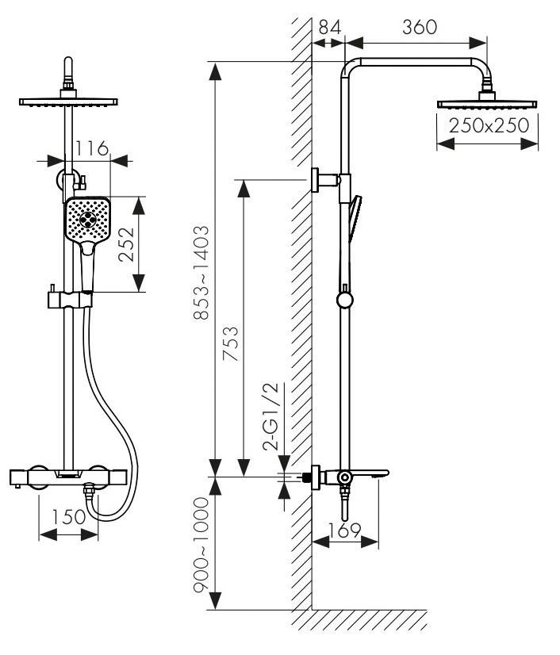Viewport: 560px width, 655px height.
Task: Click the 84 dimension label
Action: [x=329, y=26]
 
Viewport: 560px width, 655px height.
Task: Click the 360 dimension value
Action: [x=420, y=26]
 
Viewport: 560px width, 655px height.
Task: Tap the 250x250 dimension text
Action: [x=489, y=125]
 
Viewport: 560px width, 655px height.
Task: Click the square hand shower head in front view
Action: [x=87, y=220]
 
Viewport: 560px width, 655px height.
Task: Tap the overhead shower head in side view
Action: [x=488, y=104]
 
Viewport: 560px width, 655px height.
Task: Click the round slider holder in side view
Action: [x=345, y=300]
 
